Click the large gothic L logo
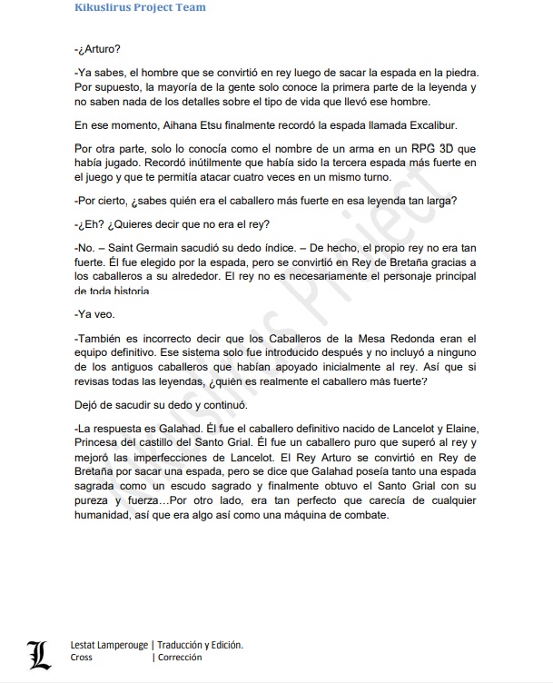point(37,652)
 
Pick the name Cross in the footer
point(81,658)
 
